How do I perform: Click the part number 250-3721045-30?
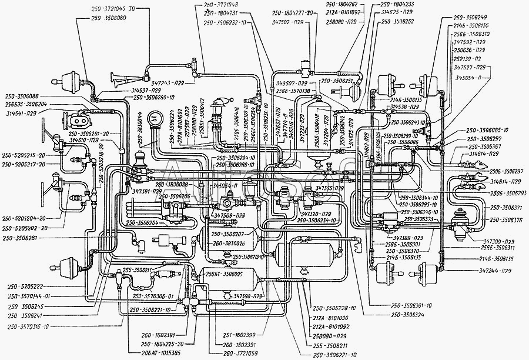point(113,9)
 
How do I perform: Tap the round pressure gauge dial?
point(156,117)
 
